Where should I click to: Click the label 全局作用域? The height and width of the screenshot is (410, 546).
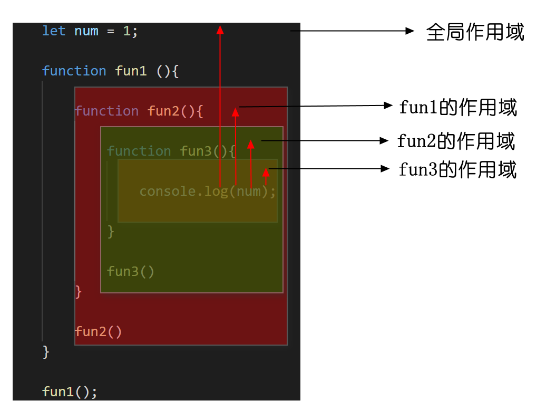(475, 32)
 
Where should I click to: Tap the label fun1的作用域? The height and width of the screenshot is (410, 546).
(458, 108)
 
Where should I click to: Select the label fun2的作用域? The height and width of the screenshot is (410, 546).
(456, 141)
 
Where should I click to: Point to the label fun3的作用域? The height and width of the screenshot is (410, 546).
(457, 170)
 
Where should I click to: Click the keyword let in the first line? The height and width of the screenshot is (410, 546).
(54, 31)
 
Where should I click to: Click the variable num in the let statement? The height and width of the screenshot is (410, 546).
(86, 31)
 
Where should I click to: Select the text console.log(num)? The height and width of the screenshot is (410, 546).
(208, 191)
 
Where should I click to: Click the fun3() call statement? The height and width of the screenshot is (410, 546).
(131, 271)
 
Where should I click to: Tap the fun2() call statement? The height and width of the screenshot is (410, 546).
(99, 332)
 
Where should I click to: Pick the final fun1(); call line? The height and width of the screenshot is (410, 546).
(70, 392)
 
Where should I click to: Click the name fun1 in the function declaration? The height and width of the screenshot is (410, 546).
(131, 71)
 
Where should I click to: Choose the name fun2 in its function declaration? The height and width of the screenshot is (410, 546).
(163, 111)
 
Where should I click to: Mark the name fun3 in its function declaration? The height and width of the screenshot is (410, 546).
(196, 151)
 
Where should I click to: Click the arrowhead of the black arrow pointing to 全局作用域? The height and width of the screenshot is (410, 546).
(412, 31)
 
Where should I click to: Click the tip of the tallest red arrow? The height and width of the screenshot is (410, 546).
(220, 28)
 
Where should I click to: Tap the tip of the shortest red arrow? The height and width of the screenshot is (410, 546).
(266, 170)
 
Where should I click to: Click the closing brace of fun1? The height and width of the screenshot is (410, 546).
(46, 351)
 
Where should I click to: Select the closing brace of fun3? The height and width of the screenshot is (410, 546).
(111, 231)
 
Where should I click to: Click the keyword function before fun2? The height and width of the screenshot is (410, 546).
(106, 111)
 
